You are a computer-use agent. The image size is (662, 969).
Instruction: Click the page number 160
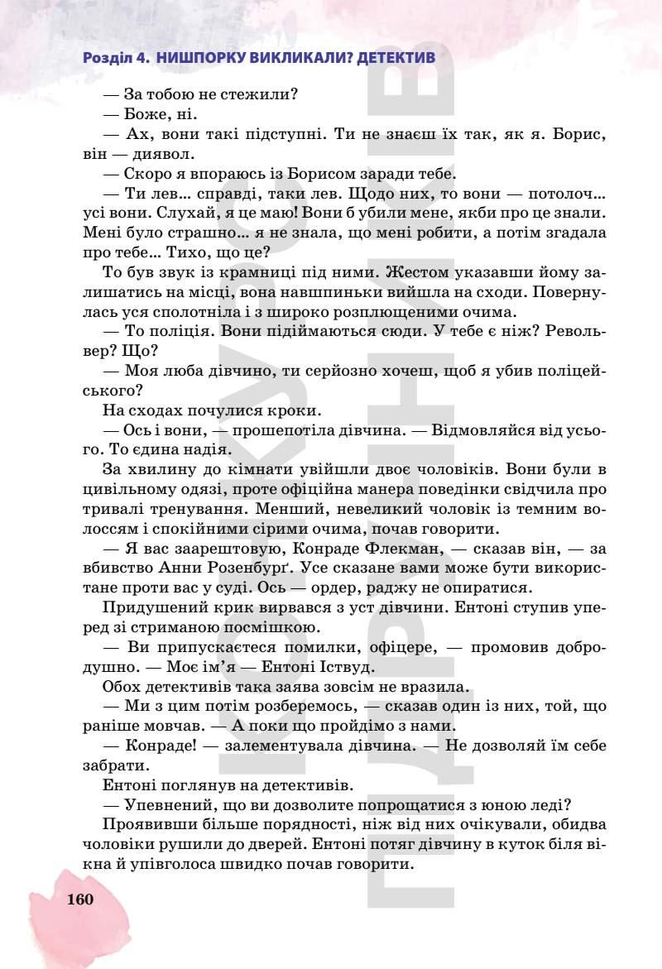coord(79,899)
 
